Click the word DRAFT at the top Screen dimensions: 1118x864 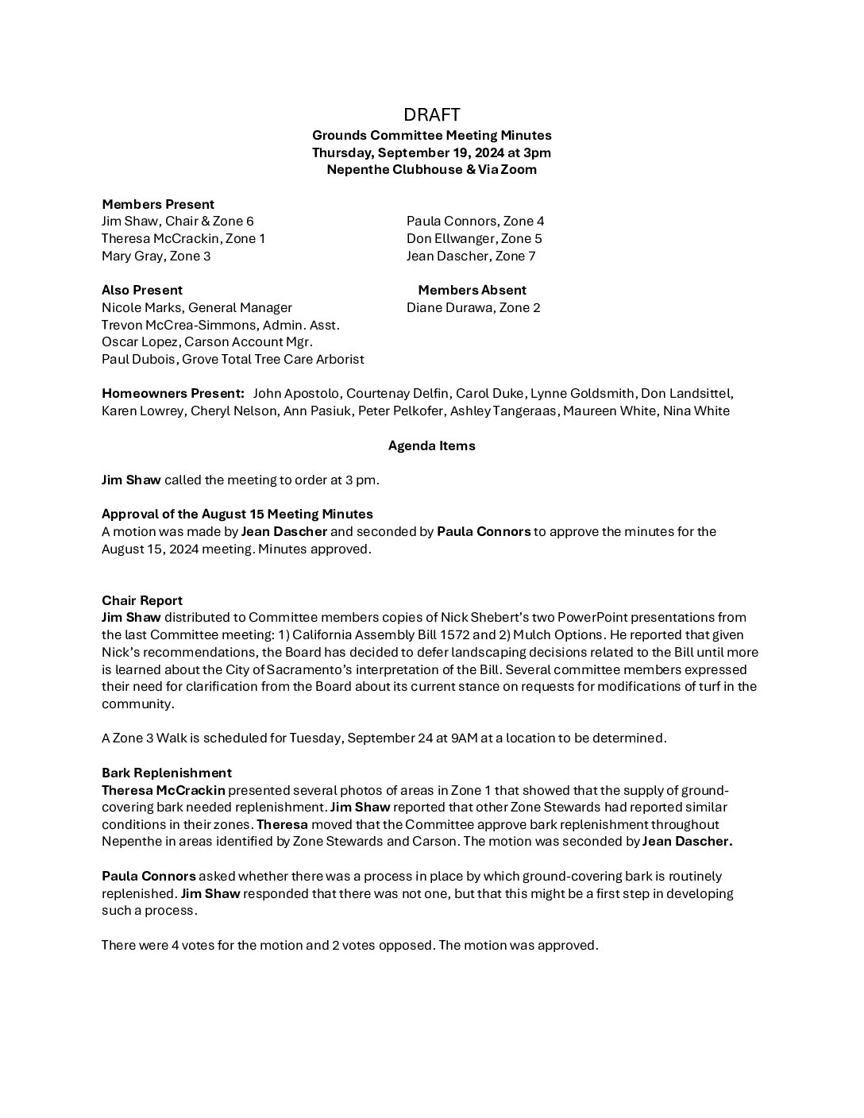(431, 115)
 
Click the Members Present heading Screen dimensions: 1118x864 (157, 204)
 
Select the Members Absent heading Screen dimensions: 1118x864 (472, 290)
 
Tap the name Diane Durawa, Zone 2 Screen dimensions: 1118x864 (473, 307)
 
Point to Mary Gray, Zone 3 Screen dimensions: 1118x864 (156, 256)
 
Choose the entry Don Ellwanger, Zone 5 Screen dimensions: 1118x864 (474, 238)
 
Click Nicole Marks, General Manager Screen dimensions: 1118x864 (196, 307)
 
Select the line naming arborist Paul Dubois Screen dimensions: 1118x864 (233, 359)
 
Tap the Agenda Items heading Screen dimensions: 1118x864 (431, 445)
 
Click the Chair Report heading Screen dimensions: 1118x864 (142, 600)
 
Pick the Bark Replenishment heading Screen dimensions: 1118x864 (167, 773)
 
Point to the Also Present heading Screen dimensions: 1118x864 (142, 290)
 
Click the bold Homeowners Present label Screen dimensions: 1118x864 (173, 393)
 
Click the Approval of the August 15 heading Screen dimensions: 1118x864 (237, 514)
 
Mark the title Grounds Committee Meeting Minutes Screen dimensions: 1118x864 (431, 135)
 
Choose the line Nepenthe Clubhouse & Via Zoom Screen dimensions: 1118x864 (431, 169)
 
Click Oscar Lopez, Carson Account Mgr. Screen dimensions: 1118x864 (206, 341)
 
